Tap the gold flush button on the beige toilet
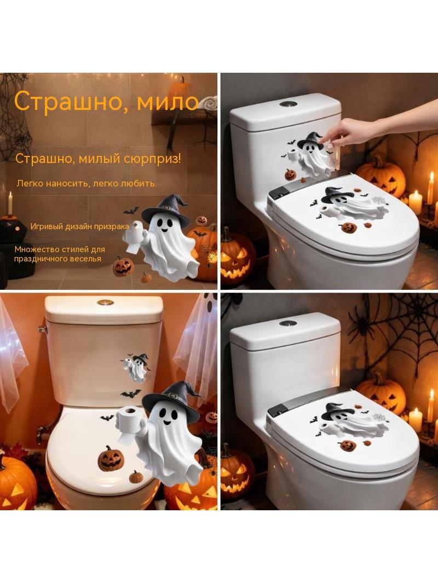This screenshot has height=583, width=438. [105, 302]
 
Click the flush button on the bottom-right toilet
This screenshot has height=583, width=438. [286, 323]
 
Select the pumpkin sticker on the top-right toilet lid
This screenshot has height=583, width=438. [348, 228]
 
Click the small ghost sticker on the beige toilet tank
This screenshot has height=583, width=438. [136, 368]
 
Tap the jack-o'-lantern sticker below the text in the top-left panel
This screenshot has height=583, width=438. [123, 266]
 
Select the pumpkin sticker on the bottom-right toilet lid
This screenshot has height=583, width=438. [348, 445]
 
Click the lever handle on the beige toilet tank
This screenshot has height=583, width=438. [42, 329]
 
